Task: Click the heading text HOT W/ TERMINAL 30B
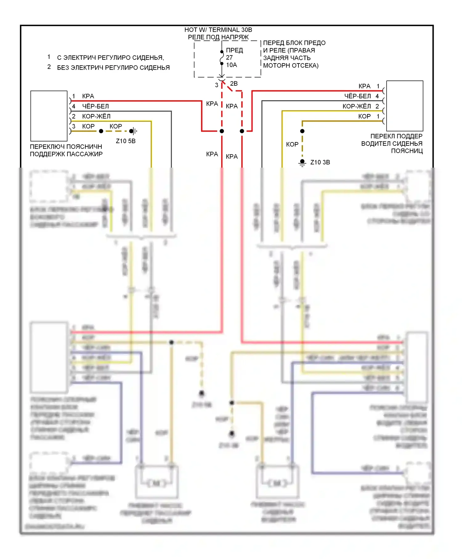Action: click(x=218, y=30)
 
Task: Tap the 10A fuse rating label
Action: click(x=232, y=65)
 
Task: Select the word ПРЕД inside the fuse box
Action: click(x=234, y=50)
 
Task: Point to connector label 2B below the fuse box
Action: click(x=234, y=84)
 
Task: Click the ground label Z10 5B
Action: click(x=126, y=141)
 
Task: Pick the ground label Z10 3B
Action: click(x=320, y=162)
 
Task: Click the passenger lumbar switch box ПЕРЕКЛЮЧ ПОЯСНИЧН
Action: click(x=49, y=116)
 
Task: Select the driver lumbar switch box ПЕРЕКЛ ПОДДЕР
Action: click(x=404, y=106)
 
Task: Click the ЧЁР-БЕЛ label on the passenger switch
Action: click(x=95, y=106)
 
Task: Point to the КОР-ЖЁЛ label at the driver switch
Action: click(x=357, y=106)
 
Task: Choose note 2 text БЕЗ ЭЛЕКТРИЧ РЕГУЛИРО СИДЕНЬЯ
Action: click(x=113, y=68)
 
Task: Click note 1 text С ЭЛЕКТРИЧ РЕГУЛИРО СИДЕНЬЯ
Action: click(x=111, y=58)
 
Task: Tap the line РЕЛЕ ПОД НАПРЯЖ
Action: click(x=218, y=37)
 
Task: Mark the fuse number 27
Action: click(x=229, y=58)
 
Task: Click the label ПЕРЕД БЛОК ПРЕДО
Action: click(x=294, y=43)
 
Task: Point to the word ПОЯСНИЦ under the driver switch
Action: click(x=407, y=151)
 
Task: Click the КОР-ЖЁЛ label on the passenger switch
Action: click(x=96, y=116)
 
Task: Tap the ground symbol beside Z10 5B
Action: click(x=134, y=131)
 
